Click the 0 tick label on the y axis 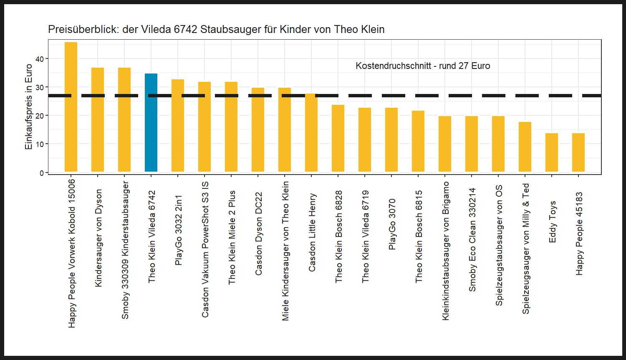point(41,173)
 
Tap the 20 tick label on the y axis point(40,116)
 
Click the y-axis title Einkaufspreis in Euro point(28,106)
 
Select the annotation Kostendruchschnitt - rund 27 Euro point(423,66)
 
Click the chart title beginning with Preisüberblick point(216,30)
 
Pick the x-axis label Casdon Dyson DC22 point(259,234)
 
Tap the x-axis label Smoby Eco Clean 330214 point(472,240)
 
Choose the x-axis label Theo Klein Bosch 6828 point(339,237)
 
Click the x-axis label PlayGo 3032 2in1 point(179,230)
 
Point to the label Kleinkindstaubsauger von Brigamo point(446,251)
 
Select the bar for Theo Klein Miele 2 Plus point(231,127)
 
